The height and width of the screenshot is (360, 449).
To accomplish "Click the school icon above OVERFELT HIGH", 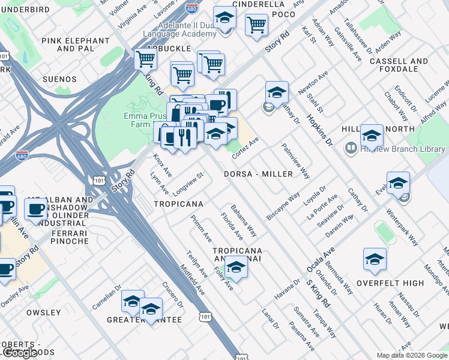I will [x=375, y=259].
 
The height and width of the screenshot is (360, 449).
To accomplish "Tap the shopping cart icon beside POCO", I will [x=256, y=25].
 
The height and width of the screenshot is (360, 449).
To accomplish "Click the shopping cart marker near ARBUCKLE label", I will [x=145, y=59].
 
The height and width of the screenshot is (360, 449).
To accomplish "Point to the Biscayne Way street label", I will [x=283, y=206].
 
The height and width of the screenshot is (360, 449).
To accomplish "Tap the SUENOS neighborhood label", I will [x=59, y=79].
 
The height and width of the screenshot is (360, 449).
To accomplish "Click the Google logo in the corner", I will [x=20, y=353].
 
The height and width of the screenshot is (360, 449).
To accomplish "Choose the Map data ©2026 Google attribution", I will [x=411, y=355].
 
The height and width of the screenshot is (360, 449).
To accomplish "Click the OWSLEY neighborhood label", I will [x=43, y=313].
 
